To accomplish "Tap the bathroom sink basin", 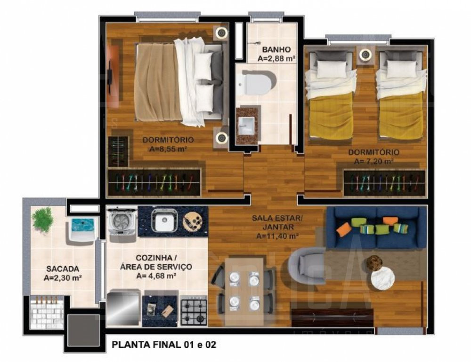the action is [246, 126].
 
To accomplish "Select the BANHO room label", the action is [276, 49].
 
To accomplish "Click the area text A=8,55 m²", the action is [168, 149].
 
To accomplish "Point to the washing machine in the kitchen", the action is [122, 223].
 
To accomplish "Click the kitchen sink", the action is [164, 220].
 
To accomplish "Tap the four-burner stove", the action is [194, 311].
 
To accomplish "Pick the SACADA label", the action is [63, 269].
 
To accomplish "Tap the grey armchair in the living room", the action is [307, 265].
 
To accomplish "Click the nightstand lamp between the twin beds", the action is [365, 55].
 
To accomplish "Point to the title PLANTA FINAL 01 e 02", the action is [164, 345].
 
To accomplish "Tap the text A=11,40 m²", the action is [277, 236].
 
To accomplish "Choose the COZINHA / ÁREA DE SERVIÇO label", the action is [156, 262].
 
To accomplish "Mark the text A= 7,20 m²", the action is [374, 161].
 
